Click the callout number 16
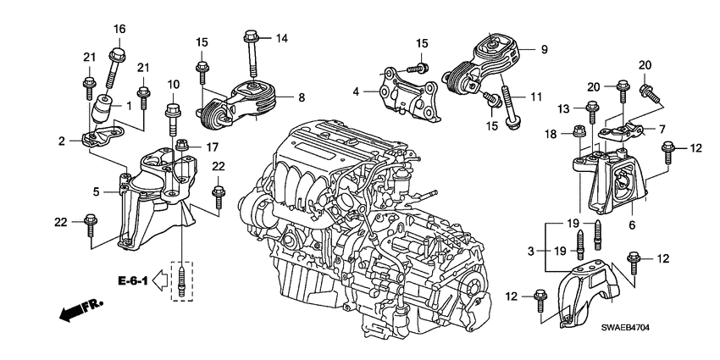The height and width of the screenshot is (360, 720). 119,29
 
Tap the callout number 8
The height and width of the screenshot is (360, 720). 301,97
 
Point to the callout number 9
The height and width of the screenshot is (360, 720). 544,48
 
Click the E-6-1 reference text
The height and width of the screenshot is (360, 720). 134,282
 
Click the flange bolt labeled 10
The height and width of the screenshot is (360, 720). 173,115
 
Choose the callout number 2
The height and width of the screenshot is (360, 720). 63,141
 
